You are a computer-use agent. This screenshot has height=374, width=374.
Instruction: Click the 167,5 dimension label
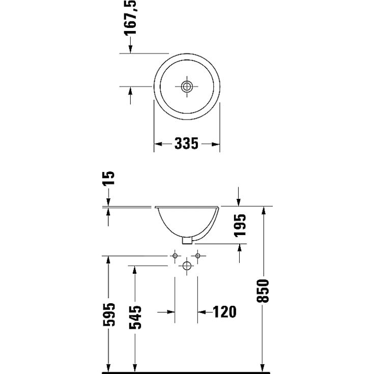pos(131,17)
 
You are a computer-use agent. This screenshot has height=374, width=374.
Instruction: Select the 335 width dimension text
pos(186,144)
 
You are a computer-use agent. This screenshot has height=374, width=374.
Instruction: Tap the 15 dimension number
pos(109,178)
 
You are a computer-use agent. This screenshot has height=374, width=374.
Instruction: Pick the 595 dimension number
pos(108,315)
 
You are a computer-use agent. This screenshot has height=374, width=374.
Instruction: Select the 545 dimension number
pos(135,317)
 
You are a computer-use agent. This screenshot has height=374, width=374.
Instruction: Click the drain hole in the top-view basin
pos(187,86)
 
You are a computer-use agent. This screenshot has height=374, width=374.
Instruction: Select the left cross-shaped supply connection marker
pos(176,255)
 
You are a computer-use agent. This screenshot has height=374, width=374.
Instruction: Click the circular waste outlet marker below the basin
pos(187,265)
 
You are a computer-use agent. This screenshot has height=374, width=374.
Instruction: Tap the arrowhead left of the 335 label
pos(158,144)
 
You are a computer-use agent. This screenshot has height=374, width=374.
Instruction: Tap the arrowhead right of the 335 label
pos(216,144)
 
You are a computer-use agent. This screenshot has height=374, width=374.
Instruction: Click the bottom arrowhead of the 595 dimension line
pos(108,368)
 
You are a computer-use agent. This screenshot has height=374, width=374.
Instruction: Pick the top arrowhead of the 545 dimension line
pos(135,270)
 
